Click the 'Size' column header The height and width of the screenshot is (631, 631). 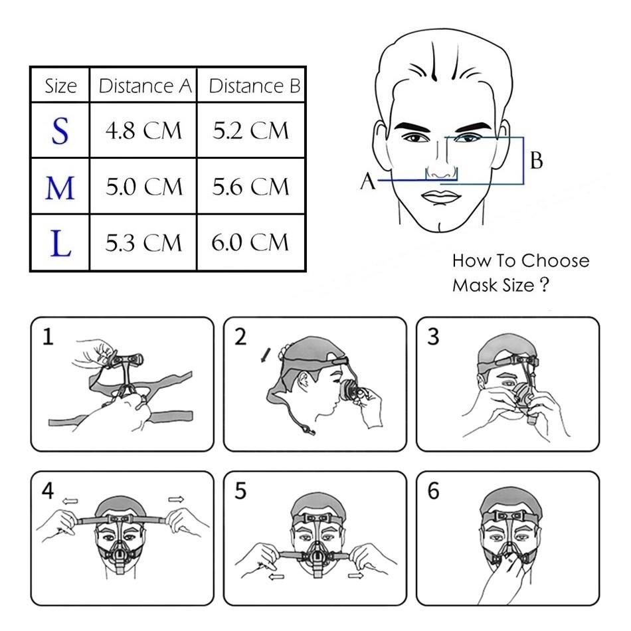tap(60, 86)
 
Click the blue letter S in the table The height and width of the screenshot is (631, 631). tap(60, 131)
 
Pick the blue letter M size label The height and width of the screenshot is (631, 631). tap(60, 188)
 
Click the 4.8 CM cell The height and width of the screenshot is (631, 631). tap(143, 130)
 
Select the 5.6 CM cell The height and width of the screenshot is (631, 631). tap(250, 187)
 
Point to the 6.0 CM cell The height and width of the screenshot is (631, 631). tap(250, 242)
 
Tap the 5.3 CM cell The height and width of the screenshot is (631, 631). tap(143, 242)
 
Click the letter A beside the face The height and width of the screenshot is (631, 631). tap(368, 181)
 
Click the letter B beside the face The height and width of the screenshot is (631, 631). tap(537, 160)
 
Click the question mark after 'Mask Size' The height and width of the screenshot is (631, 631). tap(544, 284)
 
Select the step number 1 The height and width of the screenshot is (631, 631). tap(48, 337)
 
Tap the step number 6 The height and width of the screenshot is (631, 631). tap(434, 491)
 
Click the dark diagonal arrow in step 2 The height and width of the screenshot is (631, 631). tap(266, 355)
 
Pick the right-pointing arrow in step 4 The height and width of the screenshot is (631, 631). tap(176, 499)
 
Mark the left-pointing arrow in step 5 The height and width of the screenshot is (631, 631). tap(276, 577)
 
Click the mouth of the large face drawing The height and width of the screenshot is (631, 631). tap(441, 197)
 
